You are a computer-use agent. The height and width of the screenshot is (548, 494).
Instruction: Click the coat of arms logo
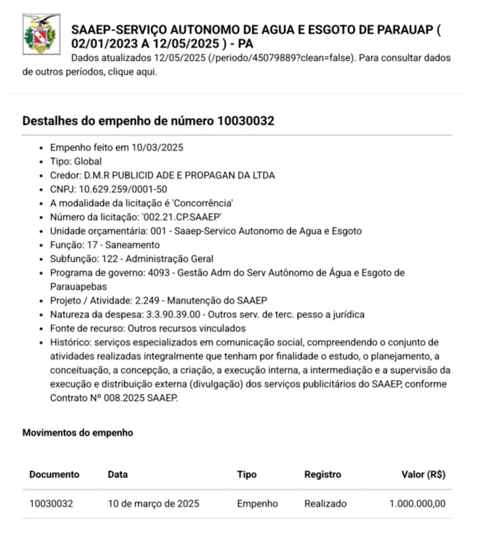41,34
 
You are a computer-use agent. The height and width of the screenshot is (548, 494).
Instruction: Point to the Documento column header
54,474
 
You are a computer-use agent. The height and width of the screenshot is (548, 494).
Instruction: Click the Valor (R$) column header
423,474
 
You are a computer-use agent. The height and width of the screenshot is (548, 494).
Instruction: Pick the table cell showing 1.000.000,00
417,503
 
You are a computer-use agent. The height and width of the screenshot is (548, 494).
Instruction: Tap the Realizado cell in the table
325,503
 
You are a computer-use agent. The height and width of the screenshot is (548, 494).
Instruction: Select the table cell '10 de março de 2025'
153,503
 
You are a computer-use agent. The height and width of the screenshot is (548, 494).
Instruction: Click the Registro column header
323,474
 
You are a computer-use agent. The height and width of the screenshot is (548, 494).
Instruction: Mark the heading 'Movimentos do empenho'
78,433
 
